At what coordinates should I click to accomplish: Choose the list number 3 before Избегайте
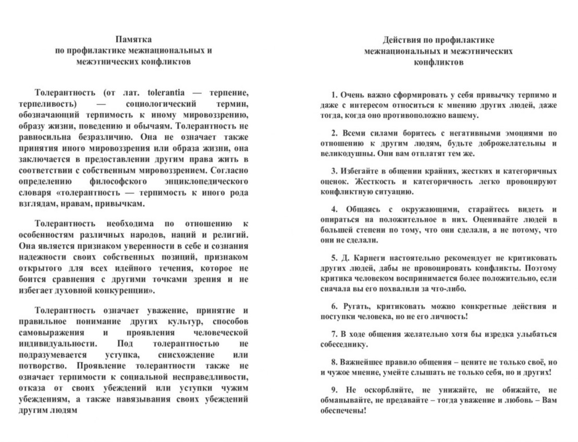coord(334,171)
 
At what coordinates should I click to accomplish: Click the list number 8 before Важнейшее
coord(334,361)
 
